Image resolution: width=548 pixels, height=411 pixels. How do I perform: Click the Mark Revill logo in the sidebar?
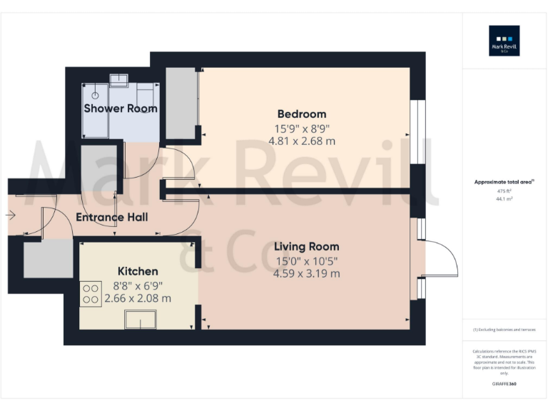(504, 41)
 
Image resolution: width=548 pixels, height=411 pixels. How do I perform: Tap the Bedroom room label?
(301, 114)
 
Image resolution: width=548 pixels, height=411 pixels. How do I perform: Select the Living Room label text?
(306, 247)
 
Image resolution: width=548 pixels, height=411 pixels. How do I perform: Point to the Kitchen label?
(138, 272)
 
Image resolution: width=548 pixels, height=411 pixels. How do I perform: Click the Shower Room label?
(121, 108)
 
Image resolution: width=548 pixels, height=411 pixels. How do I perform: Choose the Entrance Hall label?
(112, 217)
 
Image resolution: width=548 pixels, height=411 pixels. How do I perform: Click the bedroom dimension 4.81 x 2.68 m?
(301, 141)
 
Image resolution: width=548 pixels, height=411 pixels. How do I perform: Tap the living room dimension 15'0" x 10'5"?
(306, 260)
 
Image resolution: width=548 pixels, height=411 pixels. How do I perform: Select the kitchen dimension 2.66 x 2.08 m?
(138, 298)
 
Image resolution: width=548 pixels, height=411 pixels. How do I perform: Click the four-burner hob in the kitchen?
(91, 294)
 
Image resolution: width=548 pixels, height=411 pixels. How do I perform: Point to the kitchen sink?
(141, 321)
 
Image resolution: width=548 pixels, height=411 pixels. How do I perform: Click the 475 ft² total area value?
(504, 191)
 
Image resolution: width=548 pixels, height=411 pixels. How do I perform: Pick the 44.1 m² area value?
(504, 199)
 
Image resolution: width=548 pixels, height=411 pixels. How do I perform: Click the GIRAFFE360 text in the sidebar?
(504, 384)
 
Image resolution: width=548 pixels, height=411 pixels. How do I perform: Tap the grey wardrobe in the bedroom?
(181, 103)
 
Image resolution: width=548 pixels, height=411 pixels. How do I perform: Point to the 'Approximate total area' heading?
(504, 183)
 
